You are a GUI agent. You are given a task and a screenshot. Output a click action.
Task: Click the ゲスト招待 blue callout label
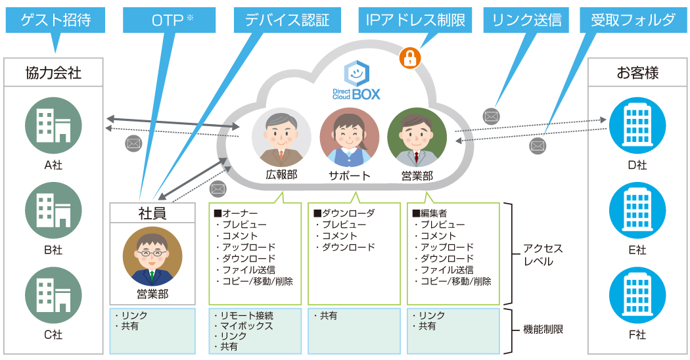point(55,20)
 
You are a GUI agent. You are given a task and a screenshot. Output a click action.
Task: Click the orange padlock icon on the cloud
point(410,58)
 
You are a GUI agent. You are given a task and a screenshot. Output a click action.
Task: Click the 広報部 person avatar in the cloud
point(281,137)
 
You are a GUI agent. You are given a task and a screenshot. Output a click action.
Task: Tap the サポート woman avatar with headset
point(349,137)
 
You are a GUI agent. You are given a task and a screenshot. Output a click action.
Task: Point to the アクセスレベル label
point(543,255)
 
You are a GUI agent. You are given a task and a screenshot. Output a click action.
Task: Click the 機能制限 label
point(543,330)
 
